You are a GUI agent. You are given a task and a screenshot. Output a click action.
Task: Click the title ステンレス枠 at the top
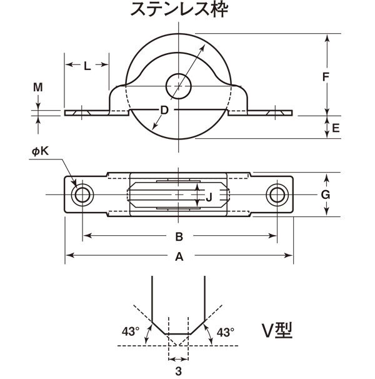click(179, 9)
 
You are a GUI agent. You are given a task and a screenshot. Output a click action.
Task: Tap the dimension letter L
click(87, 66)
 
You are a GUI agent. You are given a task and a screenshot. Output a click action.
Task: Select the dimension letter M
click(38, 87)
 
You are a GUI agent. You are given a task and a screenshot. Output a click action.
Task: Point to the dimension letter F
click(326, 77)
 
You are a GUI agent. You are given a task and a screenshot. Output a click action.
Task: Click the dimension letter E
click(336, 128)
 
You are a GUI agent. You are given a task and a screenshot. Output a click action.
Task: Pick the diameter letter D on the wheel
click(164, 110)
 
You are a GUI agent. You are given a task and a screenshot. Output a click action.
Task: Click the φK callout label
click(40, 151)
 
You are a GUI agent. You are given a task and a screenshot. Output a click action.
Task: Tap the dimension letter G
click(326, 195)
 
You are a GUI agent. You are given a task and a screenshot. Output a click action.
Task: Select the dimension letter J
click(209, 197)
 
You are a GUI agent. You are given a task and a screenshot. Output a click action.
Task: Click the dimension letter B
click(179, 237)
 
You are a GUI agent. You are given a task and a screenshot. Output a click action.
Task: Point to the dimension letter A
click(179, 256)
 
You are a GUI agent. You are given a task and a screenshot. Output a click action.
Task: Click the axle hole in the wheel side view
click(179, 86)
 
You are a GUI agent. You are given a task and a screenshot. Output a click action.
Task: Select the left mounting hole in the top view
click(82, 195)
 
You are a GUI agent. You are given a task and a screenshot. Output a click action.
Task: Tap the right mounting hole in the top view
click(277, 195)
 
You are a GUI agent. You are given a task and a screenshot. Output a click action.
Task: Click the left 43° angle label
click(131, 331)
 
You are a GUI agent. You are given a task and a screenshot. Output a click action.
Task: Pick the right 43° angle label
click(226, 333)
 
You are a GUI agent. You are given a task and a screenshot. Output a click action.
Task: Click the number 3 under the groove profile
click(179, 371)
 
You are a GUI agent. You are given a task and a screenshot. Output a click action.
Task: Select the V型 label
click(277, 331)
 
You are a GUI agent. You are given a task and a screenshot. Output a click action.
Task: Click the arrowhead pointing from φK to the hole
click(74, 184)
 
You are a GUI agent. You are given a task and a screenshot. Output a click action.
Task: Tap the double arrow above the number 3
click(179, 359)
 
